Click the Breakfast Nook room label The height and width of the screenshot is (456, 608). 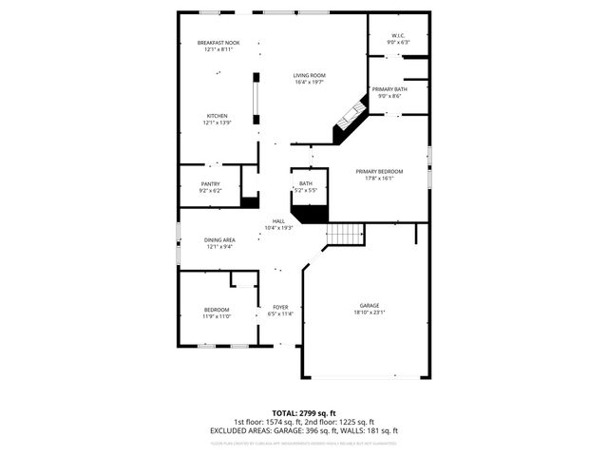tap(218, 43)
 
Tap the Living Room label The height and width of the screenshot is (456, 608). tap(309, 75)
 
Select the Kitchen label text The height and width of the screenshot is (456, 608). tap(218, 116)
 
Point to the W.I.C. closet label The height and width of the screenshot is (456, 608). tap(397, 36)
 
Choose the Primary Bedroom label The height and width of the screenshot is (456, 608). tap(379, 171)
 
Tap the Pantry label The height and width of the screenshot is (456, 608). tap(210, 183)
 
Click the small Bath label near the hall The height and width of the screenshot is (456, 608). tap(306, 183)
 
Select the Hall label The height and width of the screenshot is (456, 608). tap(278, 220)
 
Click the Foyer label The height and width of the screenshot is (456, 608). tap(280, 307)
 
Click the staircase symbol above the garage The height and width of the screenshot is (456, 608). tap(346, 234)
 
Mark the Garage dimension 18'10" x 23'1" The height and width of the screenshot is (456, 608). tap(369, 313)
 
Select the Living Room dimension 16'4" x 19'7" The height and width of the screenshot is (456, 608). tap(309, 82)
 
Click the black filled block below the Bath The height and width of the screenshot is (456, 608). tap(309, 214)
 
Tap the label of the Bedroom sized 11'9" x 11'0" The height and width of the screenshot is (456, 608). tap(216, 310)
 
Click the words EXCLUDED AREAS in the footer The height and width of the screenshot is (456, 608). tap(237, 430)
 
